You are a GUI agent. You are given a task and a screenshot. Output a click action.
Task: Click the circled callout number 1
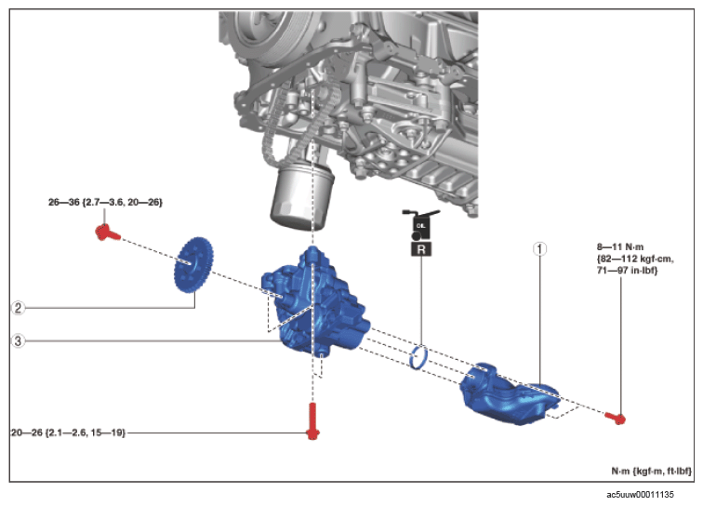(x=539, y=248)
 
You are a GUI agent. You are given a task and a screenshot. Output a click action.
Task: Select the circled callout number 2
(x=18, y=308)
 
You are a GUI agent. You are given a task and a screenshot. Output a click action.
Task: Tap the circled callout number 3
(x=18, y=341)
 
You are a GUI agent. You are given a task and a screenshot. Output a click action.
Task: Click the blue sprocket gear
(x=193, y=265)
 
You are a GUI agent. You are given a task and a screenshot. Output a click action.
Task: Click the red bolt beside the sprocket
(x=107, y=233)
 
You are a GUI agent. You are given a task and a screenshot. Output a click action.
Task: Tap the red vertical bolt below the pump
(x=312, y=420)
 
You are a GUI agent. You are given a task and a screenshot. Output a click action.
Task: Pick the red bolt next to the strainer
(x=616, y=418)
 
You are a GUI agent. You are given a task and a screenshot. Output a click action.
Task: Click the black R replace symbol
(x=421, y=249)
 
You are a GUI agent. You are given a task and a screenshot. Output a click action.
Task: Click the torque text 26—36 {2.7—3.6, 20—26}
(x=105, y=203)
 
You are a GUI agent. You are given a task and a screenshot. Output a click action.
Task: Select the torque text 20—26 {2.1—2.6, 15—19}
(x=68, y=433)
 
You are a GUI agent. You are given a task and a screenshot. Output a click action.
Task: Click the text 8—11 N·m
(x=620, y=246)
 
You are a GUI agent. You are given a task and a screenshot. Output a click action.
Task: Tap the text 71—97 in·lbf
(x=628, y=271)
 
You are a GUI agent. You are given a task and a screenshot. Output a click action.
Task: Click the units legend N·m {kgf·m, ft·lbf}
(x=652, y=471)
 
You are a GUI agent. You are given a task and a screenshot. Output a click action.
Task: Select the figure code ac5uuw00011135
(x=640, y=494)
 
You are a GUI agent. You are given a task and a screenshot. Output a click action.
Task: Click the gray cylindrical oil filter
(x=301, y=195)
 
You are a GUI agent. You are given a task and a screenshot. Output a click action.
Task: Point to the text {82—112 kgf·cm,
(x=635, y=259)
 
